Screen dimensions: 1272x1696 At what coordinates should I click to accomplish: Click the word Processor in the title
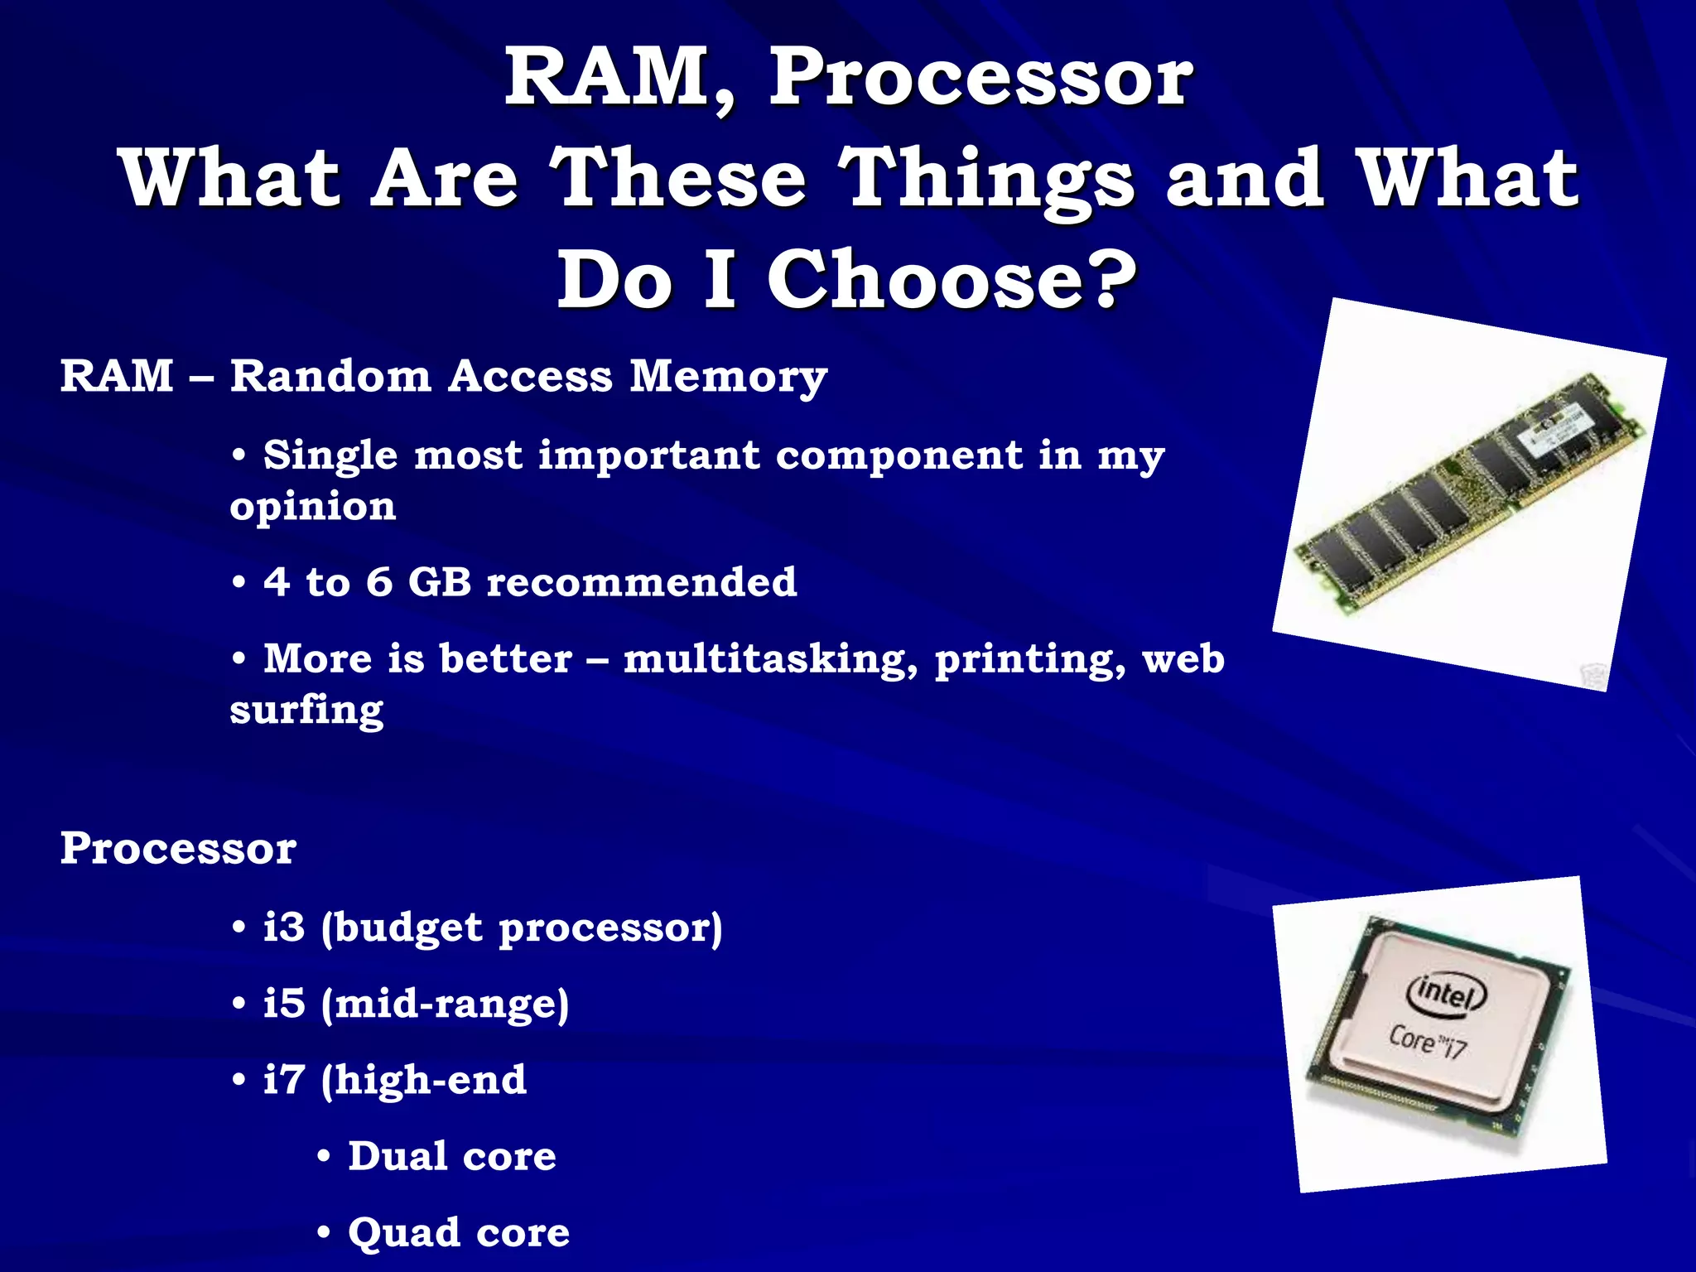point(981,79)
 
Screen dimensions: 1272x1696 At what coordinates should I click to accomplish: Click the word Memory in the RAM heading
point(728,378)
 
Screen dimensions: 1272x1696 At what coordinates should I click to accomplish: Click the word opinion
point(313,508)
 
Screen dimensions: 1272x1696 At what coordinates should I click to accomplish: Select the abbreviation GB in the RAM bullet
point(440,581)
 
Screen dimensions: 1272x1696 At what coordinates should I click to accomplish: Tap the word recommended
point(642,581)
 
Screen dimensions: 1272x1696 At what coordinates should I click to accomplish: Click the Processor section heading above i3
point(178,848)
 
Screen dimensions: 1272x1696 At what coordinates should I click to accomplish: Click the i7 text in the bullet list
point(284,1080)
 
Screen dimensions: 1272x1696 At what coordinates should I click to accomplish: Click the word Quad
point(404,1232)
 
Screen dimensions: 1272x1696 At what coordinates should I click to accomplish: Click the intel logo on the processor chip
point(1446,991)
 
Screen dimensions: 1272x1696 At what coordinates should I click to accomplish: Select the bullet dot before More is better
point(239,660)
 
